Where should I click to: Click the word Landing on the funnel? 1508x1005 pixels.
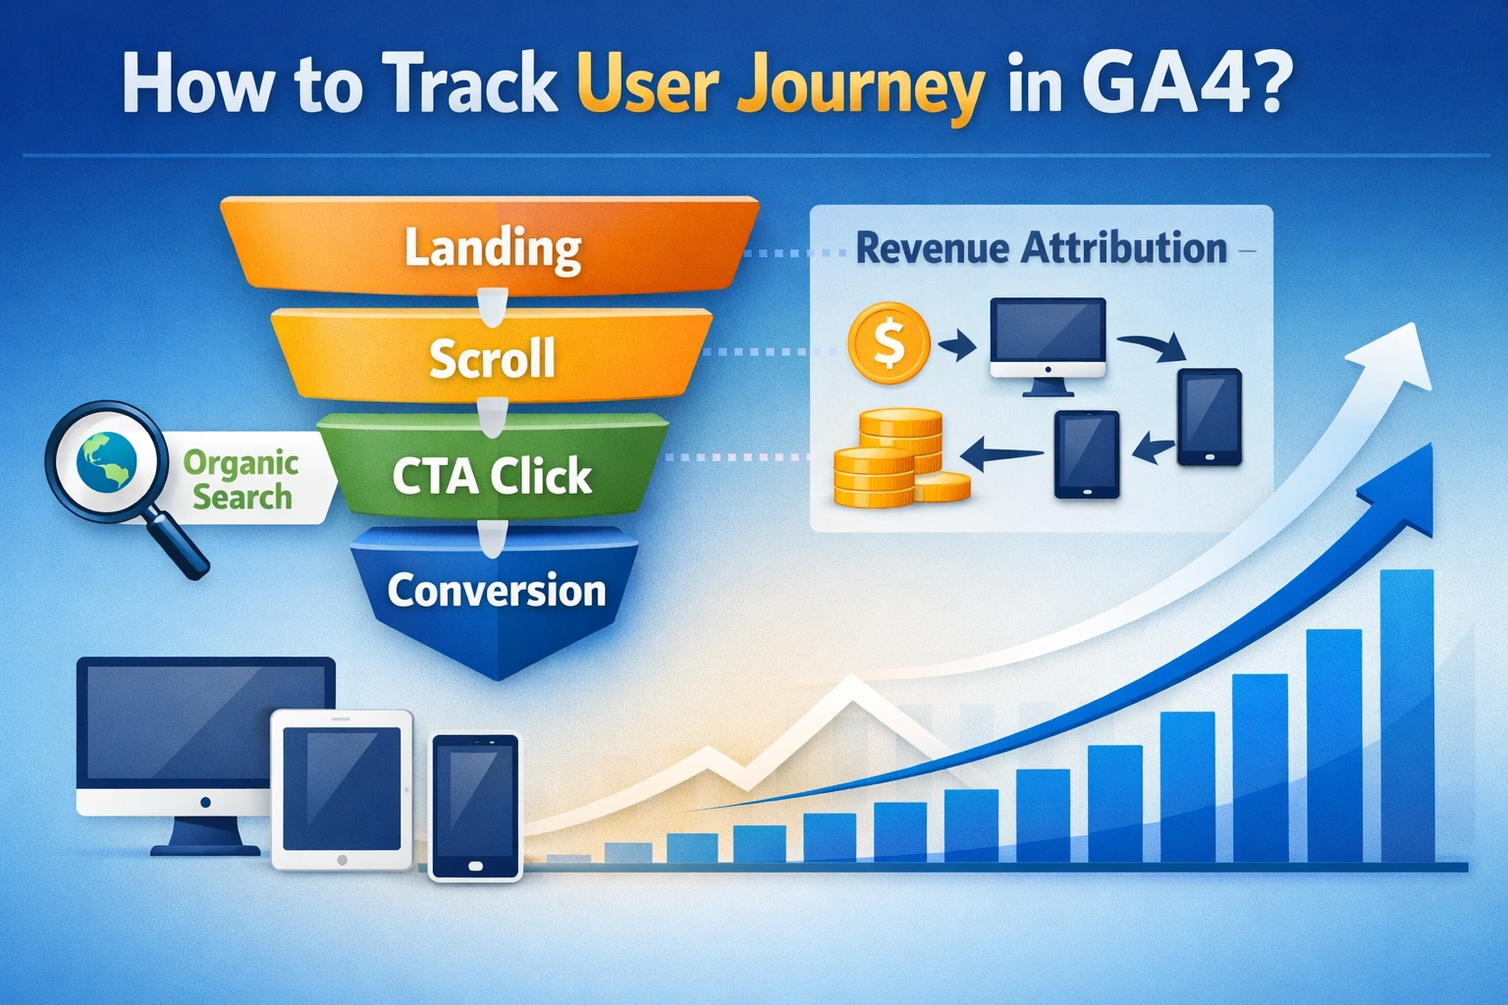pos(493,247)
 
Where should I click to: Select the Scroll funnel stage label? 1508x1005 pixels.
pos(492,358)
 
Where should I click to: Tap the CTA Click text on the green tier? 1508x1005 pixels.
pos(492,477)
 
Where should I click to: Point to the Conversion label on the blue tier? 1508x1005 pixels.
pos(496,591)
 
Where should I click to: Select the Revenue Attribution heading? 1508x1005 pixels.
pos(1041,248)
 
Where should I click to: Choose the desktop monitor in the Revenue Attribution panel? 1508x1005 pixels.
pos(1048,341)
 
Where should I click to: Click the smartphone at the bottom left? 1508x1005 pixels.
pos(475,807)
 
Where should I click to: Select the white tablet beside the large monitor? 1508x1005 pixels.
pos(342,789)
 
